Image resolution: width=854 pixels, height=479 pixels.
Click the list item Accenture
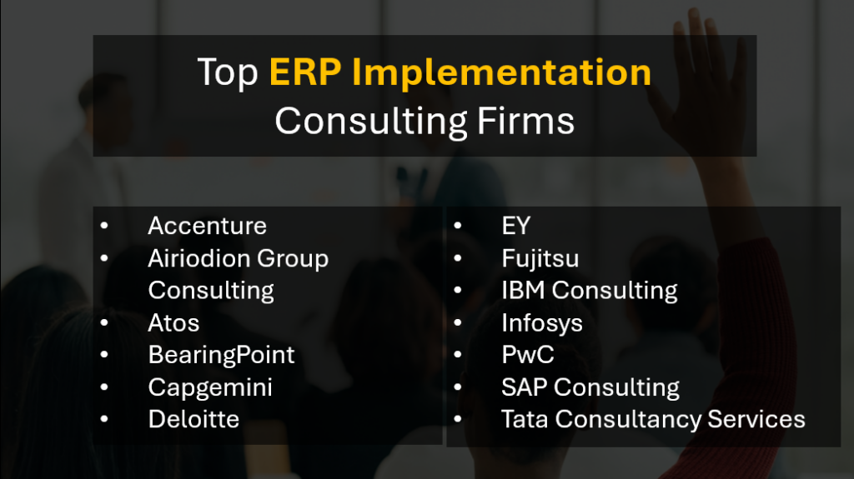pos(207,226)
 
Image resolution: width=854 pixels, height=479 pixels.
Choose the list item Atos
pos(173,322)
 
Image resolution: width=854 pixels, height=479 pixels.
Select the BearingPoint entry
pos(221,355)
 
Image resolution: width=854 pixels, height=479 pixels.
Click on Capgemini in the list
pos(210,387)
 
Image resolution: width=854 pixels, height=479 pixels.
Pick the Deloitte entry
pos(193,419)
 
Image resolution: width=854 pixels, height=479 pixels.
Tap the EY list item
pos(515,226)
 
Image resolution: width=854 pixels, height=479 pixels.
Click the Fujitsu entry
pos(540,258)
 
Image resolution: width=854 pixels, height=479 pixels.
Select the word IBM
pos(523,291)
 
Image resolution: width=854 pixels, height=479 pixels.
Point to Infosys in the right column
pos(541,322)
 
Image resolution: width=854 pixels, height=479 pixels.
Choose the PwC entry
pos(527,355)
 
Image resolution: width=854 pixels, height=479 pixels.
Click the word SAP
pos(525,387)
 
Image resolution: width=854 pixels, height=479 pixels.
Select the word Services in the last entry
pos(756,419)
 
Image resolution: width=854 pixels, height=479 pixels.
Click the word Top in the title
pos(228,73)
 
